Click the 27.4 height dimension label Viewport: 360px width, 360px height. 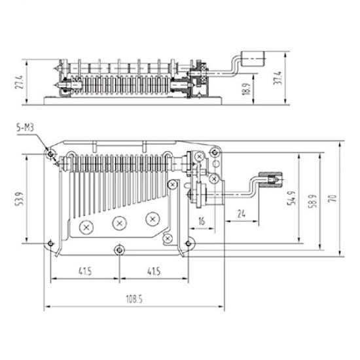click(19, 82)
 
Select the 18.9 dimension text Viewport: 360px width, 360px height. click(246, 89)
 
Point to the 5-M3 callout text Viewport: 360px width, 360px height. click(25, 128)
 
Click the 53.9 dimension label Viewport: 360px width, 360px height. click(20, 199)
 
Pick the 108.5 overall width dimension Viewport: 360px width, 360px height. click(134, 299)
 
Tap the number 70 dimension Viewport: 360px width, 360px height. click(333, 198)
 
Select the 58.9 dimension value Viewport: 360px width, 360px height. click(313, 201)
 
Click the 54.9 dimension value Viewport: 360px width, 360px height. click(292, 198)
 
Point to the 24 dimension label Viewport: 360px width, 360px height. click(241, 214)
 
